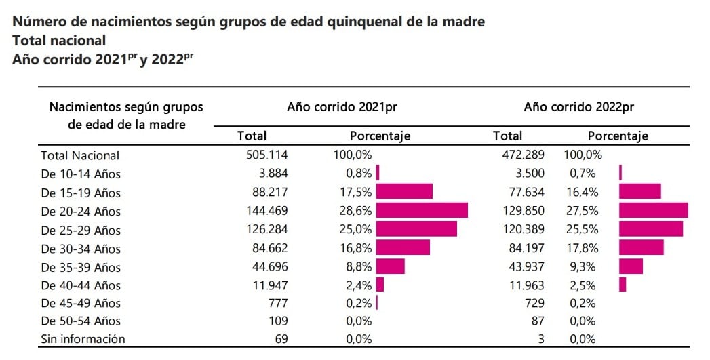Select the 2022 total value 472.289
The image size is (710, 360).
521,155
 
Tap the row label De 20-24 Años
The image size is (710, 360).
81,211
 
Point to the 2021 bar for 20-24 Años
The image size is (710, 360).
421,210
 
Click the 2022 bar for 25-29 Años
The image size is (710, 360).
651,229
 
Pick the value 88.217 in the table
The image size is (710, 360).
269,192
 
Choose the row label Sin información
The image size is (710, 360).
83,339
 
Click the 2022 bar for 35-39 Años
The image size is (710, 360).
631,266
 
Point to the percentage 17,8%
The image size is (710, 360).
580,247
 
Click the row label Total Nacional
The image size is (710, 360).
80,155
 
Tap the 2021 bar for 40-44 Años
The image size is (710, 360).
380,284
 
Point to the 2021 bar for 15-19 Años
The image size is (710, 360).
404,192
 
